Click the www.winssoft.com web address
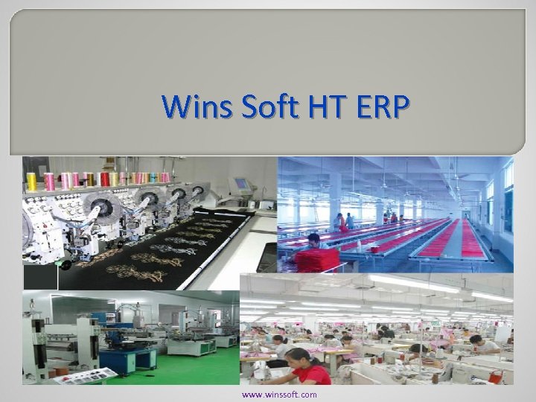coord(279,395)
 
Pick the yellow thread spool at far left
coord(32,180)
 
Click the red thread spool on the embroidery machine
coord(105,179)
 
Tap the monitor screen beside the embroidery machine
coord(240,183)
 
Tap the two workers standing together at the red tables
coord(345,220)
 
